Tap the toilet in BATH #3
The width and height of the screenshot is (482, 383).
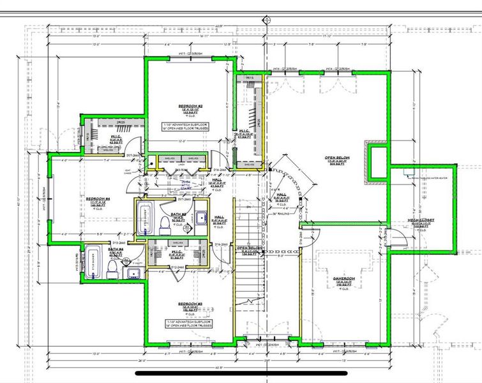click(164, 223)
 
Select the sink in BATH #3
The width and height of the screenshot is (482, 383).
click(201, 218)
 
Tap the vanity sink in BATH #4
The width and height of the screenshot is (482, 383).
click(133, 274)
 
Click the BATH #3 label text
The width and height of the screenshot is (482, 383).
click(179, 214)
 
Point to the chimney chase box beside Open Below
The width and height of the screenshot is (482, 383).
click(377, 162)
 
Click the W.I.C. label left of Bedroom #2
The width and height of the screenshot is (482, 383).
click(116, 137)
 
